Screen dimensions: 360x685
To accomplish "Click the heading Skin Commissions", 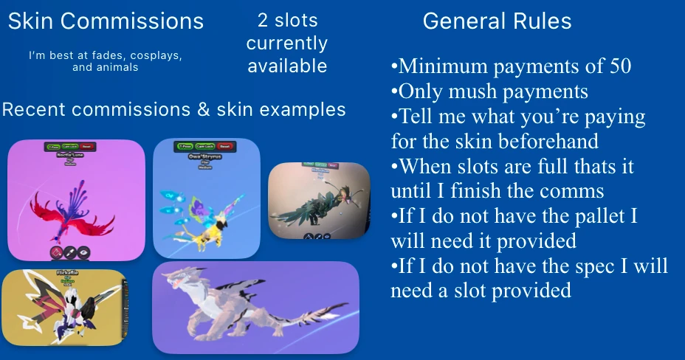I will pos(106,21).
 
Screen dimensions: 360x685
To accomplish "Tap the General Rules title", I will pos(497,21).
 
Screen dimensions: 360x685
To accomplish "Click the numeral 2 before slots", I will pos(263,20).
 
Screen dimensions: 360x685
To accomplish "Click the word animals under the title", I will pos(117,67).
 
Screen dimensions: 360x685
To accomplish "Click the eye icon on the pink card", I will pos(83,252).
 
